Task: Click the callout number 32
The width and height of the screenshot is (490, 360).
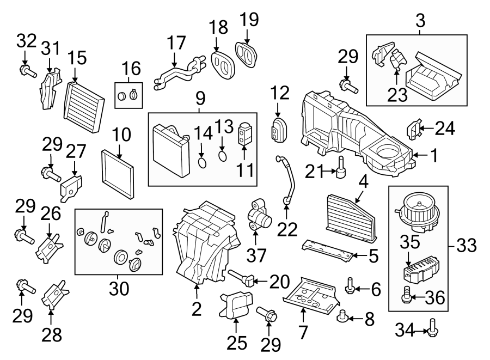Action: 27,40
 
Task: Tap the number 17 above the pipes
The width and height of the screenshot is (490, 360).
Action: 176,43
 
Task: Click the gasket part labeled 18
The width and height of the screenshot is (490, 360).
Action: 222,64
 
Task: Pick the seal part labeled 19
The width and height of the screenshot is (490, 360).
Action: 247,52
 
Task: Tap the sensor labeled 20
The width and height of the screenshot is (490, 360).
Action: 241,279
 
